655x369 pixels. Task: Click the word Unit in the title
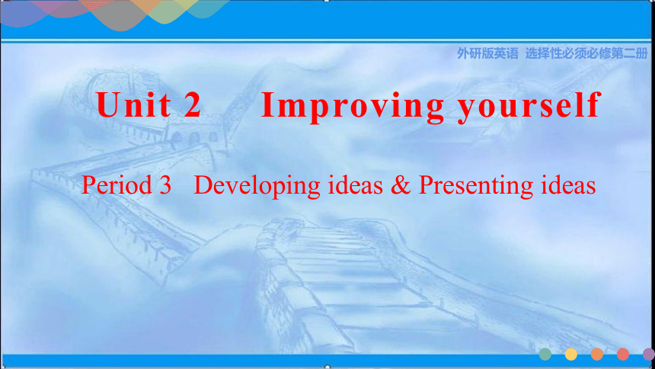point(134,104)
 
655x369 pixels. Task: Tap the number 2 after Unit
point(192,104)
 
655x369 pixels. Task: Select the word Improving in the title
point(353,107)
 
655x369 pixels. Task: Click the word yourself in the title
point(529,107)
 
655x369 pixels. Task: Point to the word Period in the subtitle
point(116,184)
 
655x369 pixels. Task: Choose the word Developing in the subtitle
point(257,186)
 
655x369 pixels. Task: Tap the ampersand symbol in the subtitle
point(401,185)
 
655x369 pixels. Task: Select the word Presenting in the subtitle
point(476,186)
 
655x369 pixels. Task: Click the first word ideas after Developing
point(356,184)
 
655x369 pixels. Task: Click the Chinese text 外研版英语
point(487,53)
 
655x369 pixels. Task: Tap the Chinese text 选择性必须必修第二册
point(586,53)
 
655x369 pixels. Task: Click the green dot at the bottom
point(545,355)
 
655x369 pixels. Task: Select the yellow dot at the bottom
point(571,355)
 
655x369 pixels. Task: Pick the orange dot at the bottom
point(597,355)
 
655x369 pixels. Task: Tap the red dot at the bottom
point(623,355)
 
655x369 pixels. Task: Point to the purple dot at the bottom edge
point(649,355)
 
